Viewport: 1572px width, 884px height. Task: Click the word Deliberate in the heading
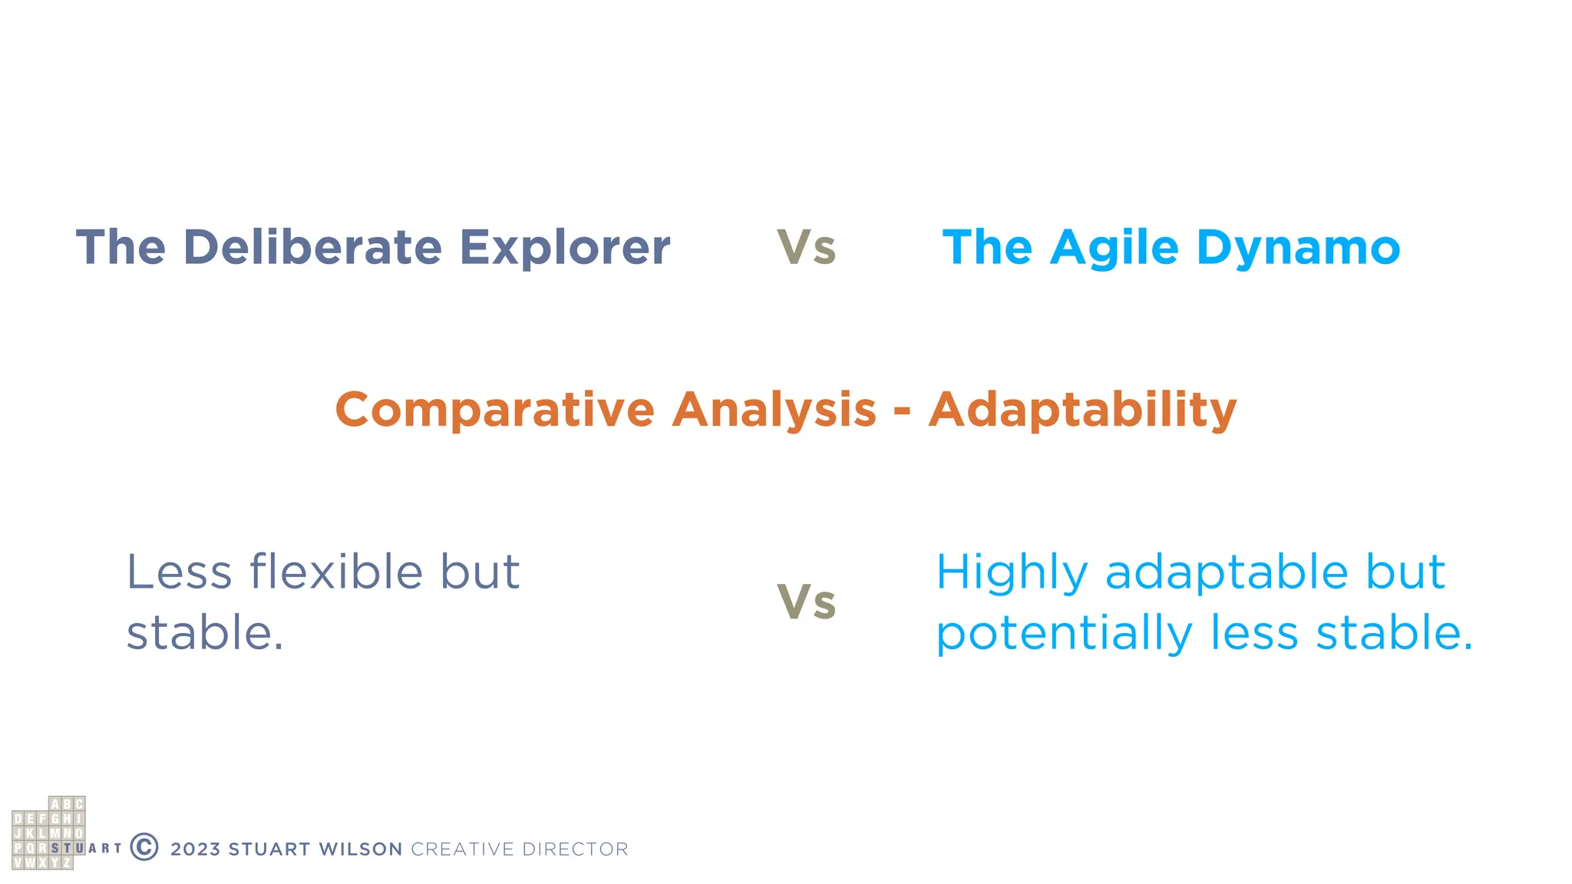(312, 247)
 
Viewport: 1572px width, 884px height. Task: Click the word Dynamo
(1298, 247)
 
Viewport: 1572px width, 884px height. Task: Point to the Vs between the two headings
(806, 248)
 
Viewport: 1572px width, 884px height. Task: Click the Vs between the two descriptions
(806, 602)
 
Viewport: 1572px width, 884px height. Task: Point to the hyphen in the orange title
(902, 411)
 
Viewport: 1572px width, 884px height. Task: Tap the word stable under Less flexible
(204, 633)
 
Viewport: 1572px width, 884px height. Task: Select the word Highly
(1012, 573)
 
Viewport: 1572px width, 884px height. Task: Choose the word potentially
(1064, 634)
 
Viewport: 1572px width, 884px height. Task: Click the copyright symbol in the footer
(144, 847)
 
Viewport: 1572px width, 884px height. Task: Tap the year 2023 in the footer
(196, 849)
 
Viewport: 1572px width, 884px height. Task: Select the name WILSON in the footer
(361, 849)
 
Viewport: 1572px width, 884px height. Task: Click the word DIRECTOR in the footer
(575, 849)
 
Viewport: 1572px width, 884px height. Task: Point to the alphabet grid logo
(49, 833)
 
